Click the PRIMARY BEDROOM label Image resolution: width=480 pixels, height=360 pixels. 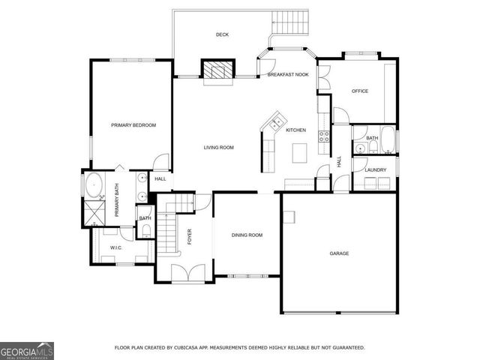133,125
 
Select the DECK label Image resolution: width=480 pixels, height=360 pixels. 222,34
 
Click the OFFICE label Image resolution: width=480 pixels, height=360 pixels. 360,91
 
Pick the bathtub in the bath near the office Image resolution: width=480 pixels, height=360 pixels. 388,138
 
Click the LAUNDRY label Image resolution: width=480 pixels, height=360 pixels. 376,170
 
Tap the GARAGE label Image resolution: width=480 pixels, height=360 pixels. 340,253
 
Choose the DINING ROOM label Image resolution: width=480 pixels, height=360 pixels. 247,235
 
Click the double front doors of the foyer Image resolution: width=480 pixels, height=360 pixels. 184,273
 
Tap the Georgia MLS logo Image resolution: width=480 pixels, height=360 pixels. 27,351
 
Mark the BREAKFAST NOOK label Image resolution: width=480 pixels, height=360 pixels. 289,74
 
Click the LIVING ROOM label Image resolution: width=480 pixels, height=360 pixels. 219,148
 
